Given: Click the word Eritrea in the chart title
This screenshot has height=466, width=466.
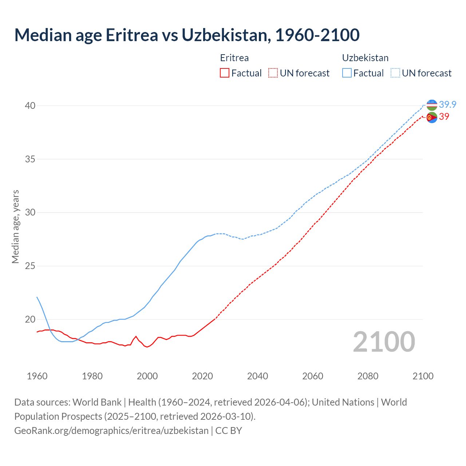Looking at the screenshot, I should [132, 35].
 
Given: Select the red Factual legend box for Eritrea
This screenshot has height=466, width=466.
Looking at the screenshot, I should [225, 73].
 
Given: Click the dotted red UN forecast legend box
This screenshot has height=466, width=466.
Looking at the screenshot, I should [273, 73].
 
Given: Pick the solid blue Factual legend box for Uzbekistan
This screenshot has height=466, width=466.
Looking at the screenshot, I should [347, 73].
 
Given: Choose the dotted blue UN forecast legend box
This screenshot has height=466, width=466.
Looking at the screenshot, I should [395, 73].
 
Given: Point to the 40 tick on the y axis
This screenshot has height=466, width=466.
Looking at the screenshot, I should [30, 106].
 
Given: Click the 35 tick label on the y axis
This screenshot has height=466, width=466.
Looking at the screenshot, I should [30, 159].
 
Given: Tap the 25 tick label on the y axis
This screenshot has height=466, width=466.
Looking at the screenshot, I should [30, 266].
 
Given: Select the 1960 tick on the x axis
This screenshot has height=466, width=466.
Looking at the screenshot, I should [37, 376].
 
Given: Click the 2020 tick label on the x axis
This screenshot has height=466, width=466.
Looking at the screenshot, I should [202, 376].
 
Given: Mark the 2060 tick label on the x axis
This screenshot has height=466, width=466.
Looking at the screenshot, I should [313, 376].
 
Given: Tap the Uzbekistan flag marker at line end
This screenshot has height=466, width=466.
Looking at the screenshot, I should [432, 105].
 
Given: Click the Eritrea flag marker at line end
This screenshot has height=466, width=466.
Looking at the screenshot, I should [432, 118].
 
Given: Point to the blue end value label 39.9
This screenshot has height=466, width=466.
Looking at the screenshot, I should [447, 105].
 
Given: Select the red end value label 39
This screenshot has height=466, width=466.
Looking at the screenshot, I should [444, 117].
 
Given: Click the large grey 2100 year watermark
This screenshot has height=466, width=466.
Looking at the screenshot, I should [384, 342].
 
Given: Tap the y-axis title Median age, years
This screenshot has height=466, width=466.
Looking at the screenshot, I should [15, 226].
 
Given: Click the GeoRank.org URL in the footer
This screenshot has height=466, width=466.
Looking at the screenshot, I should [111, 431].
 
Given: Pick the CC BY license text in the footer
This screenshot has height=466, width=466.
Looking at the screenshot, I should [229, 431].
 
